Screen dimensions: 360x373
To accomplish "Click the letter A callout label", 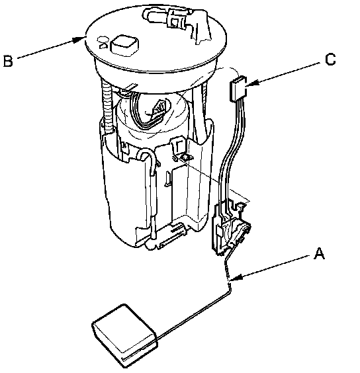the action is [x=319, y=253].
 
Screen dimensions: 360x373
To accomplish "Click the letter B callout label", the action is [x=8, y=61].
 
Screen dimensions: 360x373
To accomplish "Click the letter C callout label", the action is [x=330, y=60].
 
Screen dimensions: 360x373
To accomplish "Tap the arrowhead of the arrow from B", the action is [x=79, y=40].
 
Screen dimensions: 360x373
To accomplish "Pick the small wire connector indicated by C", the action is [x=238, y=89].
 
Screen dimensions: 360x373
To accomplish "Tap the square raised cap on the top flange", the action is [x=124, y=46].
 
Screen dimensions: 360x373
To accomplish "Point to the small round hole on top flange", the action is [x=103, y=39].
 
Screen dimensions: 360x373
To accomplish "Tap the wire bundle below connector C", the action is [x=232, y=152].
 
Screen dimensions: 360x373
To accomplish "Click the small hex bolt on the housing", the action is [x=185, y=157].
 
